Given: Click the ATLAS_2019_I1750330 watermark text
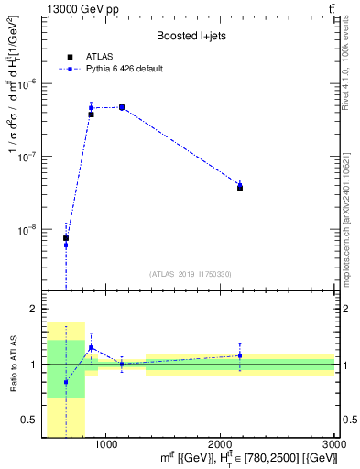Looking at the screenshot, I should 191,274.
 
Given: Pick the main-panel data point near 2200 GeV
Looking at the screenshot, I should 240,186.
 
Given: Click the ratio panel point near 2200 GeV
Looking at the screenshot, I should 240,355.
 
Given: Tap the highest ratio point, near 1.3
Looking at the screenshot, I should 91,347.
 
